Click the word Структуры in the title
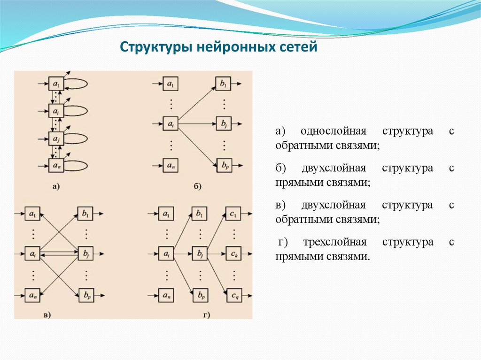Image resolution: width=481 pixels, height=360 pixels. click(149, 47)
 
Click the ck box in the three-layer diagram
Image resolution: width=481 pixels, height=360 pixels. click(233, 254)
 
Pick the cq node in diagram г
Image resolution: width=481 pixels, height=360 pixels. click(233, 295)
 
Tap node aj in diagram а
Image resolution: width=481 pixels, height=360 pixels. click(56, 138)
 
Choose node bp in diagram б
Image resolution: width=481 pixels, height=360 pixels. click(223, 165)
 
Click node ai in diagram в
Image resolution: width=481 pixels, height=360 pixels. click(32, 254)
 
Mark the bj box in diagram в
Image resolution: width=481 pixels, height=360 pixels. click(85, 254)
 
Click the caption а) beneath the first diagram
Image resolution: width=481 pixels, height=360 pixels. click(55, 187)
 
